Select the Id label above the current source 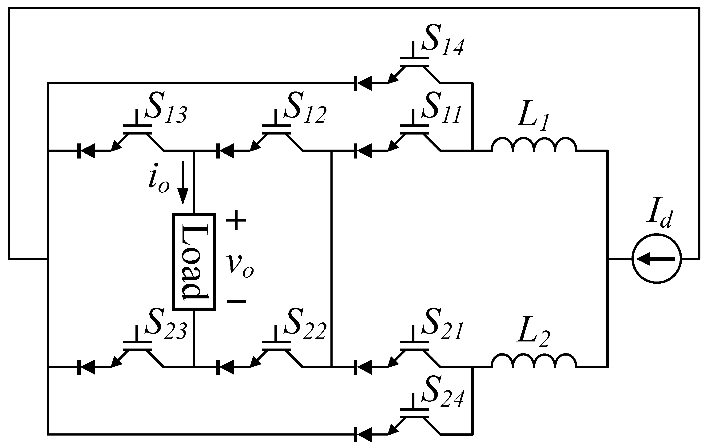click(659, 219)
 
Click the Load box click(194, 262)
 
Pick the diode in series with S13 click(86, 151)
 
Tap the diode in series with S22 click(225, 367)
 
